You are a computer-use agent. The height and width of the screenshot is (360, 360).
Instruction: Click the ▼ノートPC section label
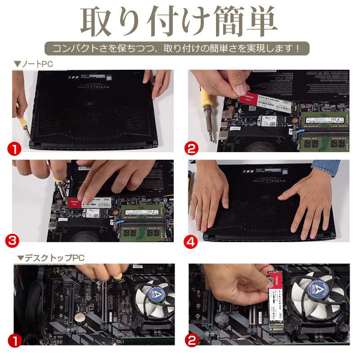(33, 64)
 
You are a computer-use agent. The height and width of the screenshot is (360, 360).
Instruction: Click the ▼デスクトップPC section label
(50, 258)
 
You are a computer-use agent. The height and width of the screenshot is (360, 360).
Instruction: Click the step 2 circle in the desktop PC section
(192, 341)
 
